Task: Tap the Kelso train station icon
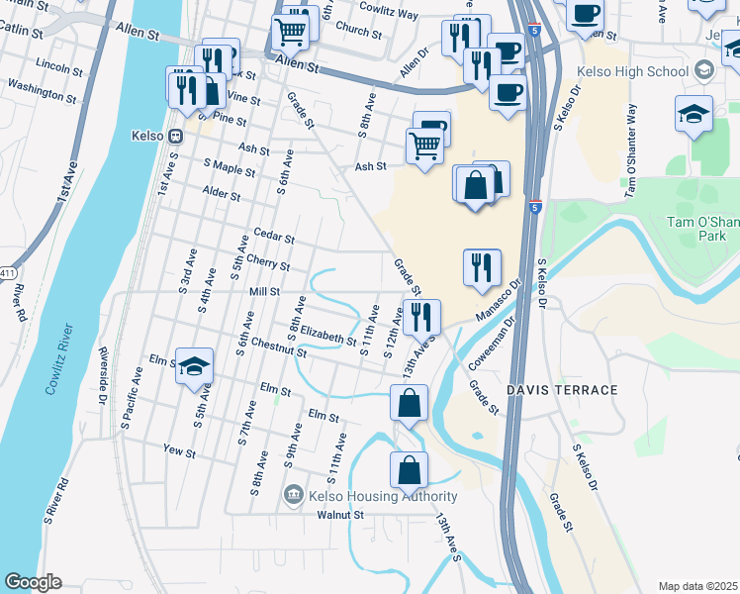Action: (x=174, y=137)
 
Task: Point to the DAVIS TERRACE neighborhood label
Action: (x=562, y=390)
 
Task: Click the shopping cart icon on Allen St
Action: (x=289, y=33)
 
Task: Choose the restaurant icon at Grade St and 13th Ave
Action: (x=421, y=317)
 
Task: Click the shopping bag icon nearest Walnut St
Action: (x=409, y=471)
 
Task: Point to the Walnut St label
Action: (x=340, y=515)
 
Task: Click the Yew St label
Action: (x=180, y=450)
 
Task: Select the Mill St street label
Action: (x=265, y=292)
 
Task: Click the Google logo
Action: (x=33, y=582)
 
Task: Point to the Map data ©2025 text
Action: (x=696, y=586)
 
